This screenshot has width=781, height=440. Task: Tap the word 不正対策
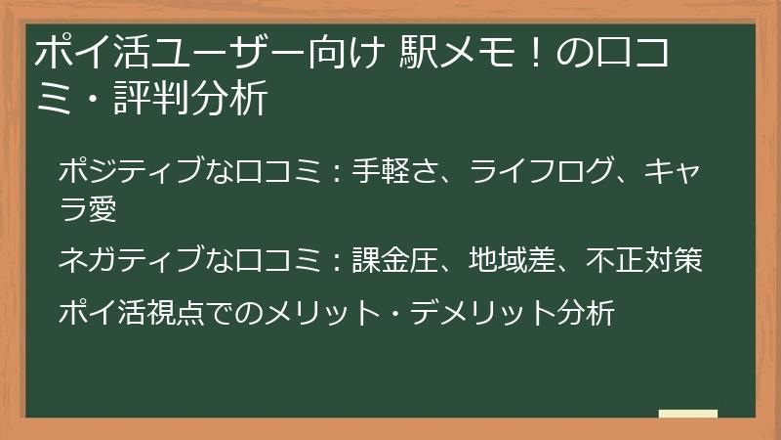645,260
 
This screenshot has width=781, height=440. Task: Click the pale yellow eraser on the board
688,414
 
